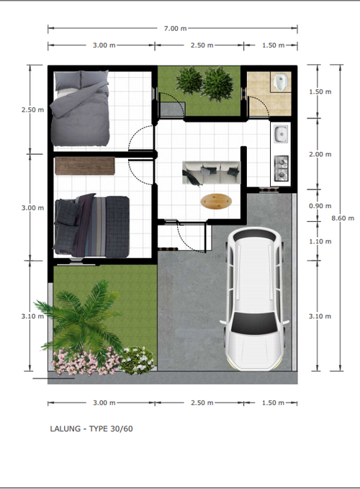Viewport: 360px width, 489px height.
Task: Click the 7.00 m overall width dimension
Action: [176, 28]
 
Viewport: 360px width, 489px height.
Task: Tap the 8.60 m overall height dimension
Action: [343, 218]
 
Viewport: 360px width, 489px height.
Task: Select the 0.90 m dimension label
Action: [320, 206]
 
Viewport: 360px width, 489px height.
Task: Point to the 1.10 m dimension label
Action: [320, 241]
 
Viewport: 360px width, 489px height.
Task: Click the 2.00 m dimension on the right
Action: [320, 154]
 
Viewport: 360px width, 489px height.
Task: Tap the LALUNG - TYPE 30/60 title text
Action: [91, 429]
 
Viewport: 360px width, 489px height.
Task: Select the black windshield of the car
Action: [255, 323]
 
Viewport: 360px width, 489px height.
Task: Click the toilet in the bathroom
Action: [281, 82]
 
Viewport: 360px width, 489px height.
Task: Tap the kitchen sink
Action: [282, 134]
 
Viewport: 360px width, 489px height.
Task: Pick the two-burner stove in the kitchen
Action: [282, 169]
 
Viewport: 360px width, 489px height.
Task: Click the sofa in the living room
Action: [212, 173]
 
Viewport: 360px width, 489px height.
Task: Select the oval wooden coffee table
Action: [216, 202]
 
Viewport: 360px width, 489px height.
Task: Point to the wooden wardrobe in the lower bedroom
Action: [85, 166]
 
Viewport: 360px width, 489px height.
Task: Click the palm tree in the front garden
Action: [81, 318]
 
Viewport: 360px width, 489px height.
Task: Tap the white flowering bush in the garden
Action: [137, 360]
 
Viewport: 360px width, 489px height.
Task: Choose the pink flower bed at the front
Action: [86, 362]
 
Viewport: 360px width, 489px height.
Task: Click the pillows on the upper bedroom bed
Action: [81, 80]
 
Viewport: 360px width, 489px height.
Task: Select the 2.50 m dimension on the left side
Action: [32, 109]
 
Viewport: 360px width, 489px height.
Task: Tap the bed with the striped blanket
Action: [91, 226]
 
